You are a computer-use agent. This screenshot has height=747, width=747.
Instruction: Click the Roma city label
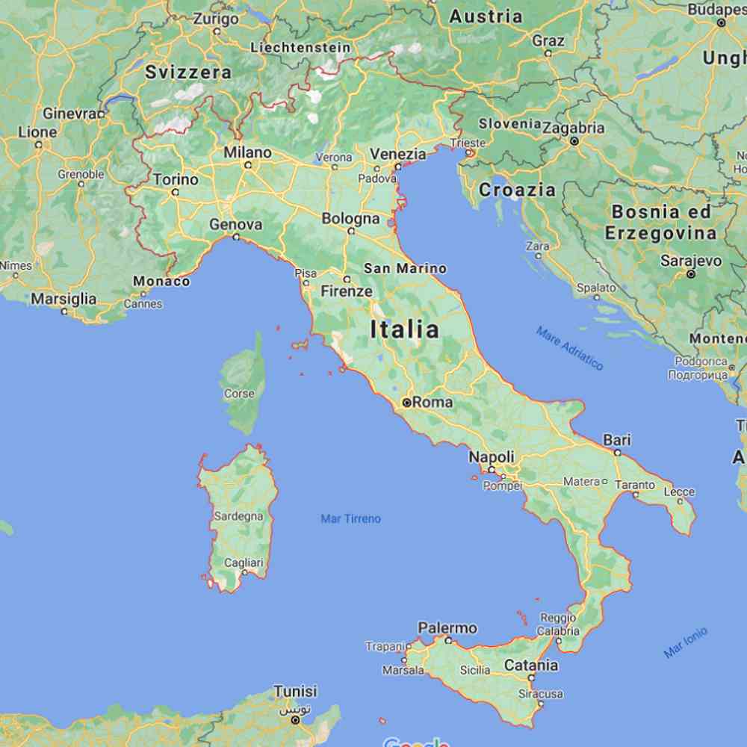point(433,402)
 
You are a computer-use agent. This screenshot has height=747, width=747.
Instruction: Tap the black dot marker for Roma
point(407,402)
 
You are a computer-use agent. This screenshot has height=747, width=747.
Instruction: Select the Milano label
point(248,152)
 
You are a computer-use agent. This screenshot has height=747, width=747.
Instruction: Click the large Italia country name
point(405,329)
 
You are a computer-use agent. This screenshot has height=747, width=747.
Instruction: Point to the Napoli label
point(492,456)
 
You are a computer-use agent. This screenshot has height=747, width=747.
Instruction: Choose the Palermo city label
point(447,627)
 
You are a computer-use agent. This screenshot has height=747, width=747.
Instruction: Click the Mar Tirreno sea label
point(350,518)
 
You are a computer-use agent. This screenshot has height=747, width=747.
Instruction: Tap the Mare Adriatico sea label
point(569,348)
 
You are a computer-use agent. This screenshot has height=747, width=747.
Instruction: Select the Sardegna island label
point(238,516)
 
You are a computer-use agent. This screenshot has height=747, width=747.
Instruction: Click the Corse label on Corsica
point(239,394)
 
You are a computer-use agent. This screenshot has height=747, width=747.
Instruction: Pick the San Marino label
point(405,268)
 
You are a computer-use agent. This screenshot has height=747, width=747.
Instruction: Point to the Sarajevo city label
point(691,261)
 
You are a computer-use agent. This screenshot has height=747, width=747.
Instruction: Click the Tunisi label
point(295,691)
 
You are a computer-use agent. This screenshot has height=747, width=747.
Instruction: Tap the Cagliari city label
point(244,562)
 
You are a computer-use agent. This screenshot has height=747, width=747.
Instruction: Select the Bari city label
point(617,440)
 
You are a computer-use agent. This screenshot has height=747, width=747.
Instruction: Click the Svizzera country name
point(188,72)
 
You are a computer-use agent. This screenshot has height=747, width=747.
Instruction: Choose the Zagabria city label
point(574,128)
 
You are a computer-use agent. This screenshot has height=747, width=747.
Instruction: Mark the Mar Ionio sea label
point(685,642)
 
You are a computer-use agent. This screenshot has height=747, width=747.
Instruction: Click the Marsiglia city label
point(63,299)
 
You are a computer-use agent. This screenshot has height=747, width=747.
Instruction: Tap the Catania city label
point(531,665)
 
